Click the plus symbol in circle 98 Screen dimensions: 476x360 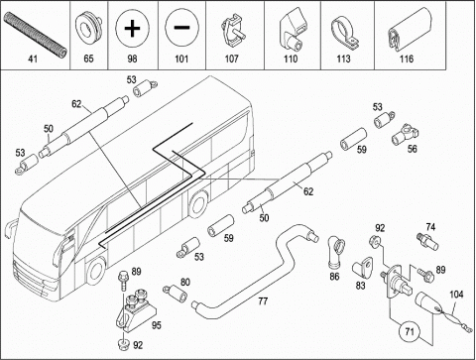(x=132, y=28)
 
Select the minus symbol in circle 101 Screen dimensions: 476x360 (x=181, y=28)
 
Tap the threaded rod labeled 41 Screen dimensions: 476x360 (x=36, y=34)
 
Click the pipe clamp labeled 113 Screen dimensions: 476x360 (x=344, y=33)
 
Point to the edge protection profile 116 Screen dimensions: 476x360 (x=407, y=30)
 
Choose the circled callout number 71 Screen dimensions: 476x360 (x=410, y=331)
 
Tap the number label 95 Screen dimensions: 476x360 (x=157, y=325)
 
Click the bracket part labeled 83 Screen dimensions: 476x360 (x=362, y=268)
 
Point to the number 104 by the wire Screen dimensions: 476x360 (x=456, y=295)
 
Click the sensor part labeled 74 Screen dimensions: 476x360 (x=427, y=242)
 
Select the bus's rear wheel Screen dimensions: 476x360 (x=199, y=204)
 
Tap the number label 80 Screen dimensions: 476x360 (x=185, y=282)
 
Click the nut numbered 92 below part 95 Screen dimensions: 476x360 (x=124, y=344)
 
